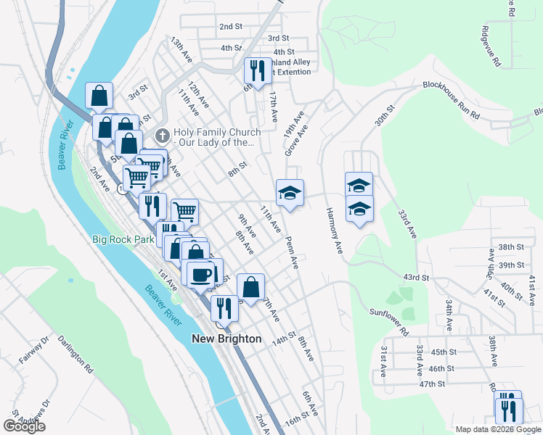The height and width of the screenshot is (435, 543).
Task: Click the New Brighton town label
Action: click(226, 339)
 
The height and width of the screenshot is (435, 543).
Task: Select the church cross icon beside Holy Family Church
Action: click(163, 135)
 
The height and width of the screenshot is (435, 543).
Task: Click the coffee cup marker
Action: click(201, 273)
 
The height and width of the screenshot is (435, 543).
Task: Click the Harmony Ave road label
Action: click(334, 231)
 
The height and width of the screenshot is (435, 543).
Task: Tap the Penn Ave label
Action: click(292, 252)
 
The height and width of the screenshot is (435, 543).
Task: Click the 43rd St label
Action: click(417, 278)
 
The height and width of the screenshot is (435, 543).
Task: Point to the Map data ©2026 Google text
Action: click(498, 429)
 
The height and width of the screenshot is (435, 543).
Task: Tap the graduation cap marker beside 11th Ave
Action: click(290, 193)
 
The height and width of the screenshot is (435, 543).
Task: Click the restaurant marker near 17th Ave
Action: click(257, 71)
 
